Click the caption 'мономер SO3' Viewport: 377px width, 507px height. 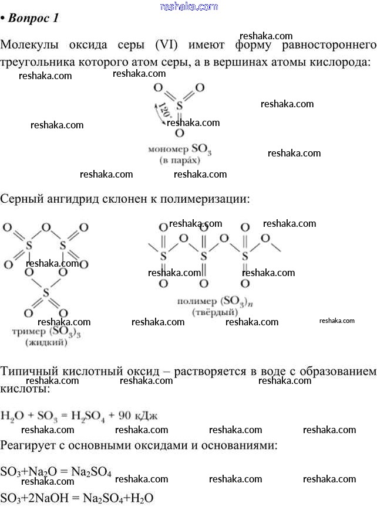(180, 150)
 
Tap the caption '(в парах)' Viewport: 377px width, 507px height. (179, 159)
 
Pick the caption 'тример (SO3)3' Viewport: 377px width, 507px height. (46, 332)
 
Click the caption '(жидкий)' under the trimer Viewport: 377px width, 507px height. (46, 343)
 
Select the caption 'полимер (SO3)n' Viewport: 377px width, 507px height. (213, 302)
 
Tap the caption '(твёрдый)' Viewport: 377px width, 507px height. (213, 312)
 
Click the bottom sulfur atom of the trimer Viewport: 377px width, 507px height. (45, 291)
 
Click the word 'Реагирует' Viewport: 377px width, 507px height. (28, 445)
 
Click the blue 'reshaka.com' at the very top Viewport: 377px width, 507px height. (188, 6)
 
